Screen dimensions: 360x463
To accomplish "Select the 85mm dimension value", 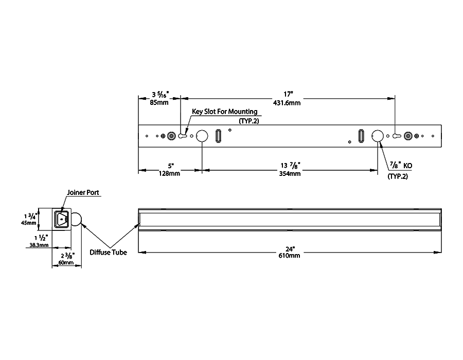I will pyautogui.click(x=159, y=103).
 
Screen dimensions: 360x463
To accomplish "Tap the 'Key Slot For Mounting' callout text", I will pyautogui.click(x=225, y=112).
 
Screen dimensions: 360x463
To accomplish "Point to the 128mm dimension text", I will pyautogui.click(x=170, y=174).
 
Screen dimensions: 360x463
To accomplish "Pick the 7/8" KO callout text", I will pyautogui.click(x=401, y=166).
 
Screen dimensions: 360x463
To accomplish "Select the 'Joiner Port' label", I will pyautogui.click(x=83, y=193).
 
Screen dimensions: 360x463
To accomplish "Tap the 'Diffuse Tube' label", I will pyautogui.click(x=108, y=252).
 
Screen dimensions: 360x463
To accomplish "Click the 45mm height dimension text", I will pyautogui.click(x=29, y=223).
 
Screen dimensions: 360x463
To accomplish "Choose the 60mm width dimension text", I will pyautogui.click(x=66, y=262).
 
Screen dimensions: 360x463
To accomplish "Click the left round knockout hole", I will pyautogui.click(x=201, y=136).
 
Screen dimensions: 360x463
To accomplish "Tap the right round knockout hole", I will pyautogui.click(x=378, y=136).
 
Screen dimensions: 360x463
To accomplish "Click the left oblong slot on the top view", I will pyautogui.click(x=218, y=136).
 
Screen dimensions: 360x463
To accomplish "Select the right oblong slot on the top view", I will pyautogui.click(x=361, y=136).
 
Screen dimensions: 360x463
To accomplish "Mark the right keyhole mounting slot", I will pyautogui.click(x=396, y=136).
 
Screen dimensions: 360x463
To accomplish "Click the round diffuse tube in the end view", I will pyautogui.click(x=77, y=220).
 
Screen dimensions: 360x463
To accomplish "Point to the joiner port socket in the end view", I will pyautogui.click(x=61, y=219).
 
